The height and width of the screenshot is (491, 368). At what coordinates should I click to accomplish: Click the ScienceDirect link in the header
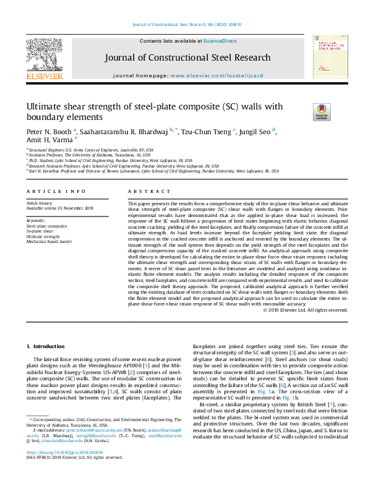(220, 41)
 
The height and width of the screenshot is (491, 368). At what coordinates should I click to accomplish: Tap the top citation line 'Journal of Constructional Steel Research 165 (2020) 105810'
(184, 25)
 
